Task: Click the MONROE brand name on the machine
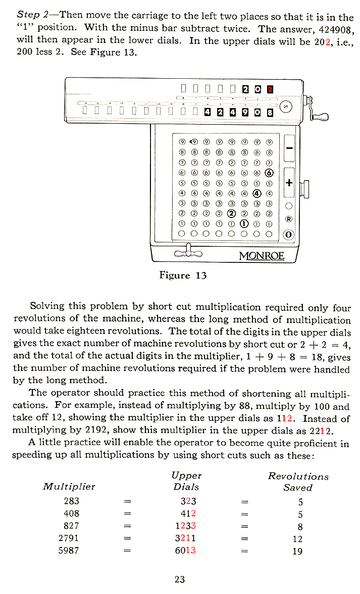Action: (x=262, y=255)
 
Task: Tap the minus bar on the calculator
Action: (x=289, y=148)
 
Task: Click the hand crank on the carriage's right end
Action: (x=319, y=117)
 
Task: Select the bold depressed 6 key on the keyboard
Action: (x=269, y=172)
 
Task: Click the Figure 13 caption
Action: (x=183, y=275)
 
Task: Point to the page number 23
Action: (x=180, y=579)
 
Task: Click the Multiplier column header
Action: (x=69, y=487)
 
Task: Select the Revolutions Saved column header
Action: (x=298, y=481)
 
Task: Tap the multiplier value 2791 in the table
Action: (x=71, y=538)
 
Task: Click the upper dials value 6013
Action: (x=185, y=550)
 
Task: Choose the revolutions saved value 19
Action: (x=297, y=551)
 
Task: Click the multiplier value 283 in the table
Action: (x=71, y=501)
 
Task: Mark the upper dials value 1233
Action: (x=185, y=525)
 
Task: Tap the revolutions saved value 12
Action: (x=297, y=538)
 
